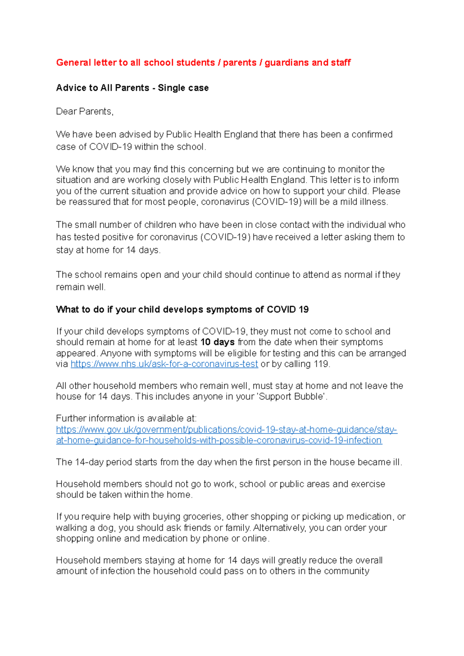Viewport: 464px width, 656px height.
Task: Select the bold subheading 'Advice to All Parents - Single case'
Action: (x=132, y=88)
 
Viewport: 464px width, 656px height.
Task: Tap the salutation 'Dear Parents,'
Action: (x=85, y=111)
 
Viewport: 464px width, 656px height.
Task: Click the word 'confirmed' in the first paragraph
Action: (x=372, y=134)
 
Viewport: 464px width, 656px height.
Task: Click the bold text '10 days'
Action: (x=217, y=342)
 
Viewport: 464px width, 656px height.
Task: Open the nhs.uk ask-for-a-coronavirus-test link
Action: (x=164, y=364)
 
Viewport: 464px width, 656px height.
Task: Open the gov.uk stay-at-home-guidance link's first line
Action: (x=227, y=429)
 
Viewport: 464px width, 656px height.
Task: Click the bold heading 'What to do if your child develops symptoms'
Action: (x=182, y=309)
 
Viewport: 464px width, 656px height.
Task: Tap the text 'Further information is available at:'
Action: (x=126, y=418)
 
